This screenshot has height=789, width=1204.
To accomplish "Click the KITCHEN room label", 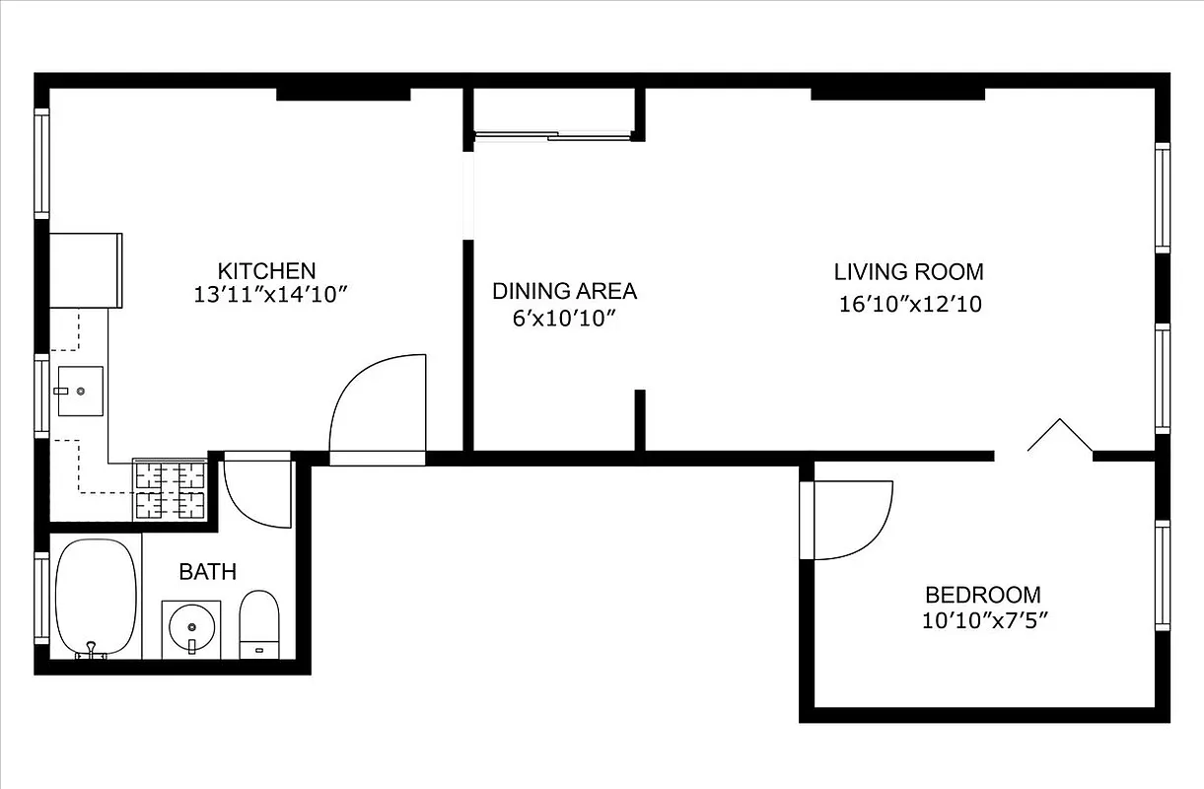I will point(266,270).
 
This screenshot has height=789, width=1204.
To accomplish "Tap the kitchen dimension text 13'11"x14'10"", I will point(272,294).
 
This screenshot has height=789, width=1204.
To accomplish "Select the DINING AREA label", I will point(564,291).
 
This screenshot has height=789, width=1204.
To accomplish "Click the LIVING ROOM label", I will point(908,271).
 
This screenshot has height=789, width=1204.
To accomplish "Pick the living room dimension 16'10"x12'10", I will point(910,304).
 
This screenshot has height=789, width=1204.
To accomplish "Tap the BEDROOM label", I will point(982,595).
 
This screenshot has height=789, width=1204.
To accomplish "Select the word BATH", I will point(207,571).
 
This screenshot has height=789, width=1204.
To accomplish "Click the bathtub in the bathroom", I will point(96,598).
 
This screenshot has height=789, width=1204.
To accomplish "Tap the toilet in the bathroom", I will point(259,624).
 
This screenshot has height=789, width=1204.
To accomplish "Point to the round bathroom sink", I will point(190,626).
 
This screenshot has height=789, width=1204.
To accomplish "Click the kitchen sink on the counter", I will point(79,392).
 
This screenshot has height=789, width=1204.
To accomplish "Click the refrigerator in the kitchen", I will point(85,270).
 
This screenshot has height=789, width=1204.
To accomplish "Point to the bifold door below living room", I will point(1059,436).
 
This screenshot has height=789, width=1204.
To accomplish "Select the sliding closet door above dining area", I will point(552,135).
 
